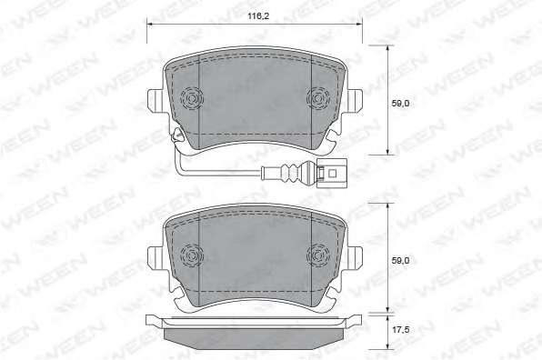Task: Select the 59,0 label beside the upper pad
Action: pos(400,103)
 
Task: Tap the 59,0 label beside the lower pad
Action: pos(400,261)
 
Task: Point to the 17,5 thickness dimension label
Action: pos(400,330)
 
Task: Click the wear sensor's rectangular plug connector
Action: pos(333,173)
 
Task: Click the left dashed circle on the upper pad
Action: pos(192,99)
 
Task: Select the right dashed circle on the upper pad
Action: pos(318,99)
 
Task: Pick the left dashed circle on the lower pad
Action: pos(192,256)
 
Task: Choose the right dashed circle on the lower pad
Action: pos(318,256)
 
